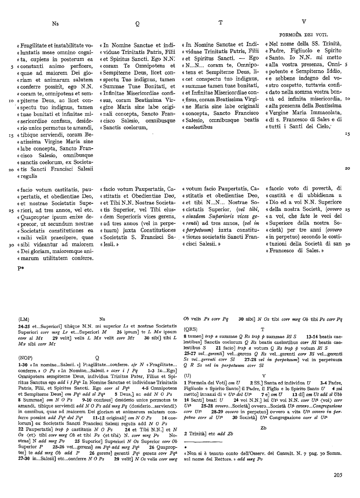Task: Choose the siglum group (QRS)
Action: (x=190, y=329)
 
